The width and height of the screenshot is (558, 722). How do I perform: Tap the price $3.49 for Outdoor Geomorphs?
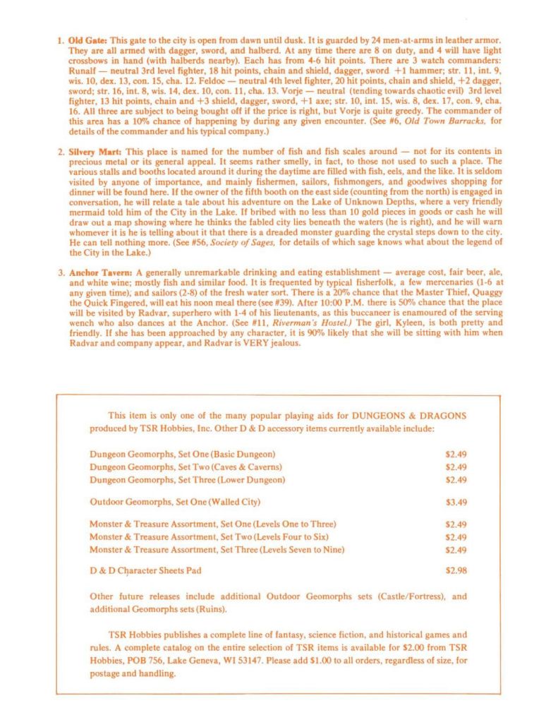point(456,502)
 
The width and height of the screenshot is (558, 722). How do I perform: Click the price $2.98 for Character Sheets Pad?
point(456,570)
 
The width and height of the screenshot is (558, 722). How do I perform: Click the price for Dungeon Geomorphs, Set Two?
point(456,467)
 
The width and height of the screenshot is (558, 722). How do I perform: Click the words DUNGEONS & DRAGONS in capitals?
point(408,416)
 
